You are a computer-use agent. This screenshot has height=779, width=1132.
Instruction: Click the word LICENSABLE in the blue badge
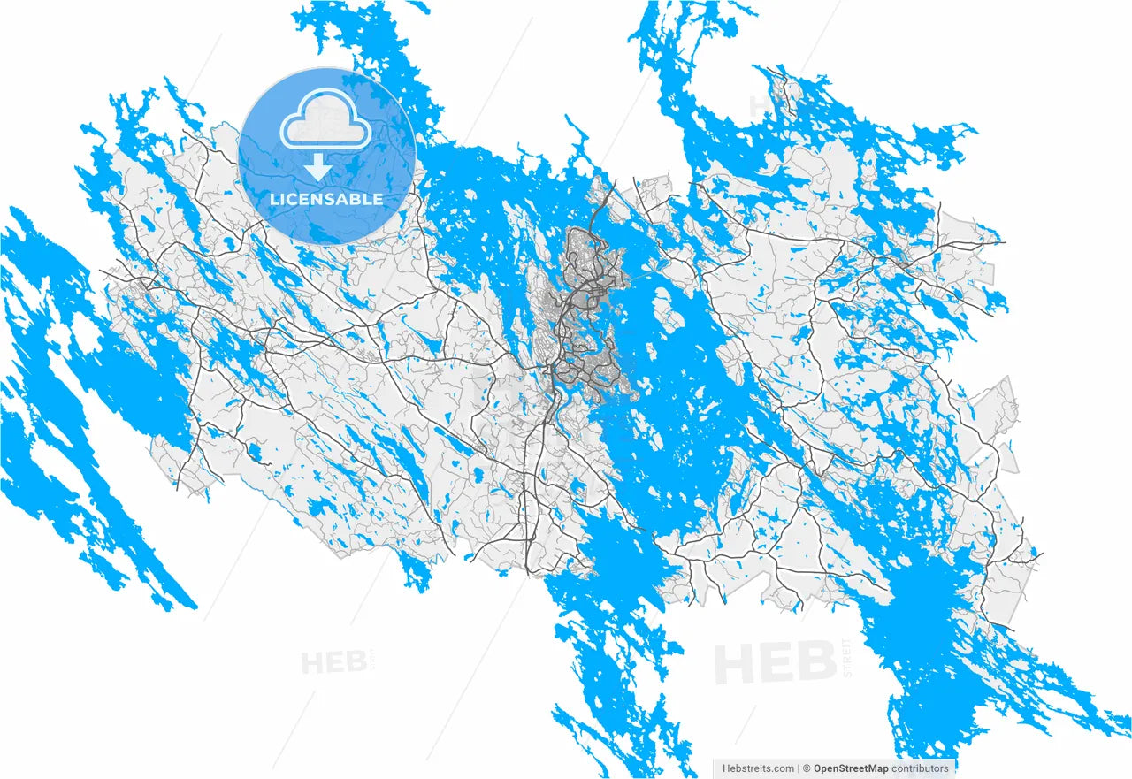pos(326,199)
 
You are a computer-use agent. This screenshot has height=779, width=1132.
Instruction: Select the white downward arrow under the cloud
pos(317,166)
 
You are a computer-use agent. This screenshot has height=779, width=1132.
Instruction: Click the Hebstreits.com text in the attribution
pos(758,768)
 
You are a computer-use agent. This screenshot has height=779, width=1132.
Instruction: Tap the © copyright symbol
pos(807,768)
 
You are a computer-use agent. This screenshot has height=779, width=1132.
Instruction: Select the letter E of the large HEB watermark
pos(777,663)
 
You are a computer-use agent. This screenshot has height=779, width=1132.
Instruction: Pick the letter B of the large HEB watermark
pos(816,663)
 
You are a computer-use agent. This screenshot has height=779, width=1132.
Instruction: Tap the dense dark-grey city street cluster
pos(584,301)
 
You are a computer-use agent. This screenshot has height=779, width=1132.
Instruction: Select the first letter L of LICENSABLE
pos(274,199)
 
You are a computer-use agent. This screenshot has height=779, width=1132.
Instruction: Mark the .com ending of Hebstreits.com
pos(783,768)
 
